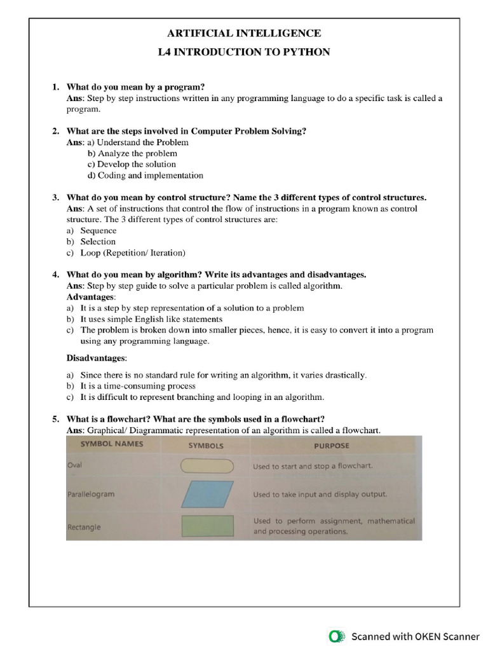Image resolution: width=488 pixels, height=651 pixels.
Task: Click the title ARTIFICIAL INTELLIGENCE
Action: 244,33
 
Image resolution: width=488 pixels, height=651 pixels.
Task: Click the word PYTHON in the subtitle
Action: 304,52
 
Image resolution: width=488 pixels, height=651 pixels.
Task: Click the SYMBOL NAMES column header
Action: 105,444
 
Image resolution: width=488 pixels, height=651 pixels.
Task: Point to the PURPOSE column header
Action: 331,446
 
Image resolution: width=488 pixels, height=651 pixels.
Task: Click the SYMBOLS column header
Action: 206,446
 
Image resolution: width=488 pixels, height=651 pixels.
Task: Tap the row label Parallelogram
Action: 91,494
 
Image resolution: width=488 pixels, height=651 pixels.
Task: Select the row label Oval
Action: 74,465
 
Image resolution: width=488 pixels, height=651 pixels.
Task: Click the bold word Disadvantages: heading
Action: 97,359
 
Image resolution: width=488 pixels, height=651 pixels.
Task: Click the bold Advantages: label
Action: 91,297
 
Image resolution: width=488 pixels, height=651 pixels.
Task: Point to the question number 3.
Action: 55,198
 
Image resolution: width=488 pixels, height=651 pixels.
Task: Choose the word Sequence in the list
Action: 98,231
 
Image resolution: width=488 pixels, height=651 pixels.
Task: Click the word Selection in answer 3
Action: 98,242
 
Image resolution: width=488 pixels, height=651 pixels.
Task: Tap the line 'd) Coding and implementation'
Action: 146,175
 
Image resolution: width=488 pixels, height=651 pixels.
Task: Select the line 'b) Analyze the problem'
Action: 132,153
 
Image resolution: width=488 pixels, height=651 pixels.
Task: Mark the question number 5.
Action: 55,419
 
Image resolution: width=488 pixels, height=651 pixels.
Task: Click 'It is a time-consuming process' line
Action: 137,386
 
